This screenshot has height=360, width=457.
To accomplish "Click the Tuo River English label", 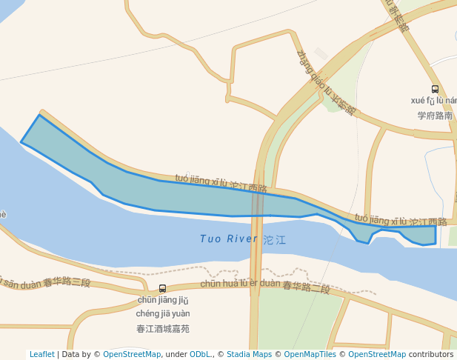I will click(x=228, y=239).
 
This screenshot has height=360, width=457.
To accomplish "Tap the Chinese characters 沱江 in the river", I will click(x=274, y=240).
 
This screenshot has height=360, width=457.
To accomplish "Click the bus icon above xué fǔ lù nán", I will click(x=435, y=89).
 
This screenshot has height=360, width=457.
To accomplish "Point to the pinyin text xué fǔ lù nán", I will click(x=433, y=101).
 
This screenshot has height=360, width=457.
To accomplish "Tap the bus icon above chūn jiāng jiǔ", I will click(x=162, y=288).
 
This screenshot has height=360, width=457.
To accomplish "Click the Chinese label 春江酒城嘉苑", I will click(x=163, y=328).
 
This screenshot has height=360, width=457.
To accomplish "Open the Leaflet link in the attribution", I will click(x=42, y=354).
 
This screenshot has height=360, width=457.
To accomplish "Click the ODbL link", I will click(x=200, y=354).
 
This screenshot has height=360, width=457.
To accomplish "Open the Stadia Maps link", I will click(x=249, y=354).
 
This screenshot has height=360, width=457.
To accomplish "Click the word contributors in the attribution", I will click(x=431, y=354).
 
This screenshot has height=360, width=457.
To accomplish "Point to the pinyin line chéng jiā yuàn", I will click(x=163, y=313).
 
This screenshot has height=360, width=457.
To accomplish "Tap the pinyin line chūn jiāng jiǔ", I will click(x=163, y=300).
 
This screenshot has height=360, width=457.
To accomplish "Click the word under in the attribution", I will click(x=175, y=354).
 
